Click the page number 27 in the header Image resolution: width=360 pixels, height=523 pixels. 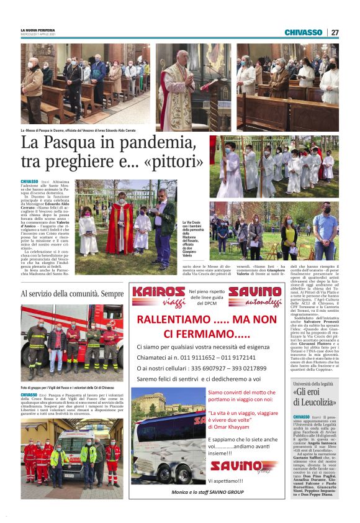[x=335, y=32]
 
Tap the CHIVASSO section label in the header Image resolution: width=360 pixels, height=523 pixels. [x=303, y=32]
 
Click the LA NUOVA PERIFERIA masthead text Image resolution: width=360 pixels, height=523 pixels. [x=37, y=30]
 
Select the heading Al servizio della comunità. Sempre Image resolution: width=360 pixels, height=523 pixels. [x=72, y=293]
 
